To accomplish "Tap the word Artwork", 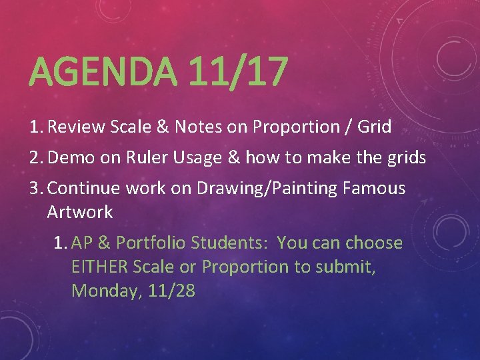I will pyautogui.click(x=80, y=213).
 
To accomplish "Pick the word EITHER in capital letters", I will pyautogui.click(x=99, y=267).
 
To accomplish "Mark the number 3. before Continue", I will pyautogui.click(x=37, y=189).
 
